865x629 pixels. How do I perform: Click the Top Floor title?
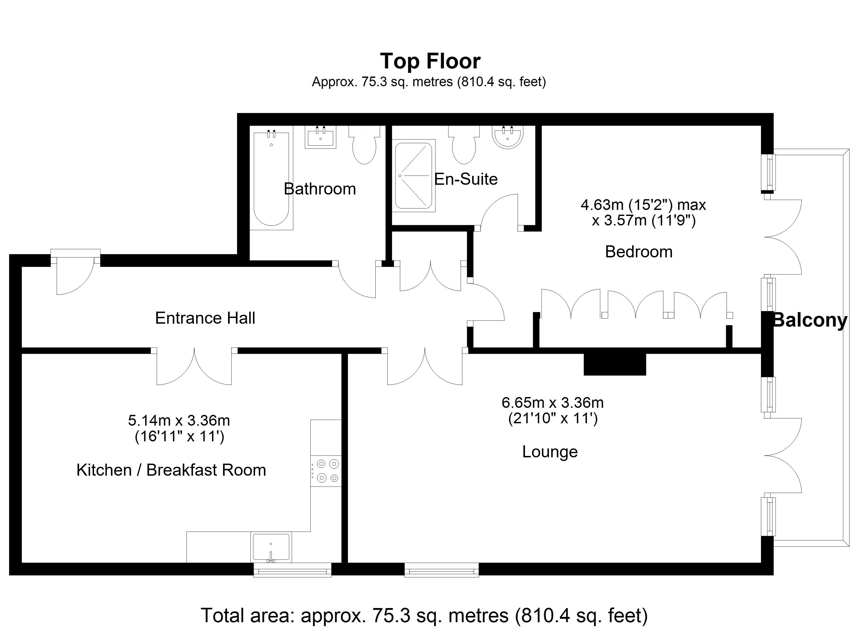pos(430,61)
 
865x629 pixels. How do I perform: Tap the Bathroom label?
pos(320,189)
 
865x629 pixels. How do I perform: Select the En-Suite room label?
pos(466,179)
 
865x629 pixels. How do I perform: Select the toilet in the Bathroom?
pos(364,145)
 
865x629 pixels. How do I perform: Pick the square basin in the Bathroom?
pos(320,137)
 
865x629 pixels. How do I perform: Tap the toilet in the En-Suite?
pos(464,145)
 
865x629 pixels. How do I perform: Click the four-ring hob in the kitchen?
pos(326,471)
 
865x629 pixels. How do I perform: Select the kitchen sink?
pos(271,547)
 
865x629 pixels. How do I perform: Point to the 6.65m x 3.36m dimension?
pos(553,402)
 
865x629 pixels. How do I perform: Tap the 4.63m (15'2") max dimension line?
pos(644,205)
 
